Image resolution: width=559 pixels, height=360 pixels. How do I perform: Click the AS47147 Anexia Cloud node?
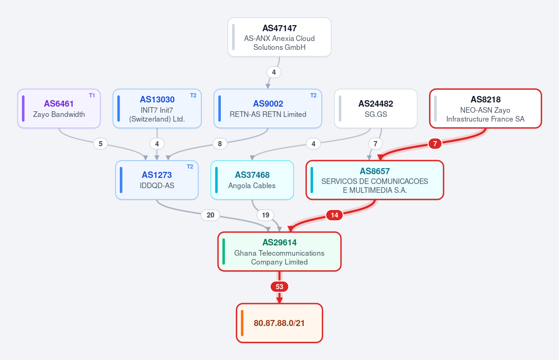279,37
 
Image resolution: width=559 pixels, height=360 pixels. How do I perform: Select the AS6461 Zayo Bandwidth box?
59,109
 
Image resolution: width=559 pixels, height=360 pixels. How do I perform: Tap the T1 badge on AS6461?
92,95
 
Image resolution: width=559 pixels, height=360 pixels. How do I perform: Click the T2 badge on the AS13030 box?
193,95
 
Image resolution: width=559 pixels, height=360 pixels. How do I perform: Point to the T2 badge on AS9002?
313,95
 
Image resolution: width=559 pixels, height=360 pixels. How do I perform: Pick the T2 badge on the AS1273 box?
190,167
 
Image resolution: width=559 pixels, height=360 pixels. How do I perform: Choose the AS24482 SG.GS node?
375,109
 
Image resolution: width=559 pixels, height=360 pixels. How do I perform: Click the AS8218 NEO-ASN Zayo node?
485,109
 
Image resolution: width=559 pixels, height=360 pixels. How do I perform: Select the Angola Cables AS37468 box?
252,180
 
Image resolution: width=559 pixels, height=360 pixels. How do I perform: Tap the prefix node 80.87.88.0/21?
279,323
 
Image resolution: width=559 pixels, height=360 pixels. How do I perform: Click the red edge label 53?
279,287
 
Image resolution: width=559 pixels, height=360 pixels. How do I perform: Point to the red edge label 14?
334,215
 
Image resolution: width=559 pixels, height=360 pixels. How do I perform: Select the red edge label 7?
435,144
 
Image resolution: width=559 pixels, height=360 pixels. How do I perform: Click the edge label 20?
211,215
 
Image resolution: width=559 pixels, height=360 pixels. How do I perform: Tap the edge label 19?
265,215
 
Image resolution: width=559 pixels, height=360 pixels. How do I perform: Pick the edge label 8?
219,144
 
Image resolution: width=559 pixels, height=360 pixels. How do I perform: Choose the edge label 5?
100,144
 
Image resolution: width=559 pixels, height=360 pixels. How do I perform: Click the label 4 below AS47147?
274,72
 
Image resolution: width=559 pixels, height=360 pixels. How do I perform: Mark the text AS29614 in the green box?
279,242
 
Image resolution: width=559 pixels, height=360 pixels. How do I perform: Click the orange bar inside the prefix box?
242,323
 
